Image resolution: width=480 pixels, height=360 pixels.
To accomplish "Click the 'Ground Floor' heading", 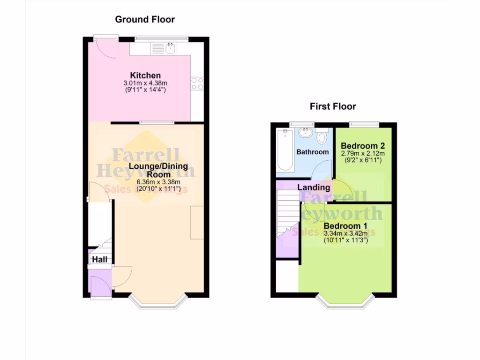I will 145,19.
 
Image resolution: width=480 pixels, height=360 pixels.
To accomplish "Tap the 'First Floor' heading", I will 333,106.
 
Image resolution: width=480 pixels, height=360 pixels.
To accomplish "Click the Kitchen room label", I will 145,75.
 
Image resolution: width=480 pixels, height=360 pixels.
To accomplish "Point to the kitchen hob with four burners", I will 197,83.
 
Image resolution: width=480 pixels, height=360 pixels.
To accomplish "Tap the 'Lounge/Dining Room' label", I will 158,170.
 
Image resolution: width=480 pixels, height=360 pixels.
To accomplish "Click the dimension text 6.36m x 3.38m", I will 158,182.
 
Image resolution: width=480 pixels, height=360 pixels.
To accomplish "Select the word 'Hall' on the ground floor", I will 99,259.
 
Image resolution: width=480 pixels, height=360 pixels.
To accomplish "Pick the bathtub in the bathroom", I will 285,150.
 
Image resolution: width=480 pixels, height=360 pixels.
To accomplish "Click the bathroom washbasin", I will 306,132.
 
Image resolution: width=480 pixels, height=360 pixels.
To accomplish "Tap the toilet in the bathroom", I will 322,138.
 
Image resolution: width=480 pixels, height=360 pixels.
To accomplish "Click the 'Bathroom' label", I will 313,152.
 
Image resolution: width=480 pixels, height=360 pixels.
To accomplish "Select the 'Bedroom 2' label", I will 363,145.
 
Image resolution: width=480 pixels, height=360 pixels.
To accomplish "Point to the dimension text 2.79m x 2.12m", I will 363,153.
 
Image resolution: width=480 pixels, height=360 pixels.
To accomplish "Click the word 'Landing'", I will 314,187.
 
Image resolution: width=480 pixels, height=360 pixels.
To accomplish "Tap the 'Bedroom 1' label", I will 346,226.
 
